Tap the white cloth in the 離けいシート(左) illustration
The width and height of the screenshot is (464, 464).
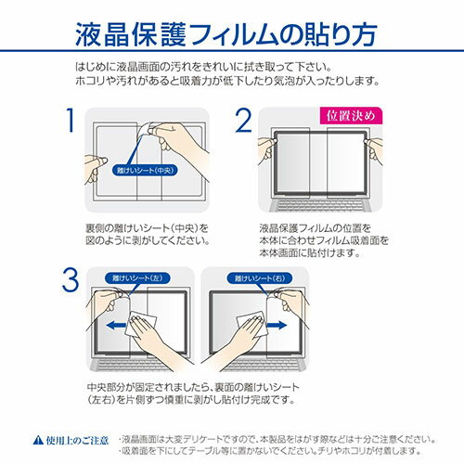[x=146, y=325]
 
